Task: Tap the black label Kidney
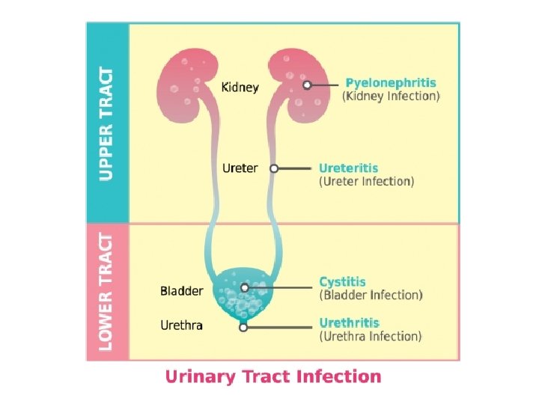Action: click(x=240, y=88)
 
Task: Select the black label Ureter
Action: click(x=240, y=168)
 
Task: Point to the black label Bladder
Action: click(x=181, y=290)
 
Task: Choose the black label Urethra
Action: click(x=181, y=325)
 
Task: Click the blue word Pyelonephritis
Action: click(x=390, y=82)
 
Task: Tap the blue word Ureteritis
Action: click(x=349, y=168)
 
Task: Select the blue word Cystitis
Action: click(x=343, y=282)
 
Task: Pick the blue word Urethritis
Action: click(x=350, y=323)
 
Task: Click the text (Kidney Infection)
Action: click(x=391, y=97)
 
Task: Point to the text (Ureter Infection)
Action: click(x=366, y=182)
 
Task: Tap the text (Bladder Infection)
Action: click(x=371, y=296)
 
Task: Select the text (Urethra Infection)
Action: click(x=370, y=337)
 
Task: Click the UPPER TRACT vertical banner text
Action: click(x=108, y=123)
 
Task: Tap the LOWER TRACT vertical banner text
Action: click(x=108, y=292)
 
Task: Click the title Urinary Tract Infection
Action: click(x=272, y=376)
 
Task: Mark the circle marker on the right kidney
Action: click(x=307, y=85)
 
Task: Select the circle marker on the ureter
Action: click(x=274, y=169)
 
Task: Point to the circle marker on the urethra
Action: click(x=243, y=327)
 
